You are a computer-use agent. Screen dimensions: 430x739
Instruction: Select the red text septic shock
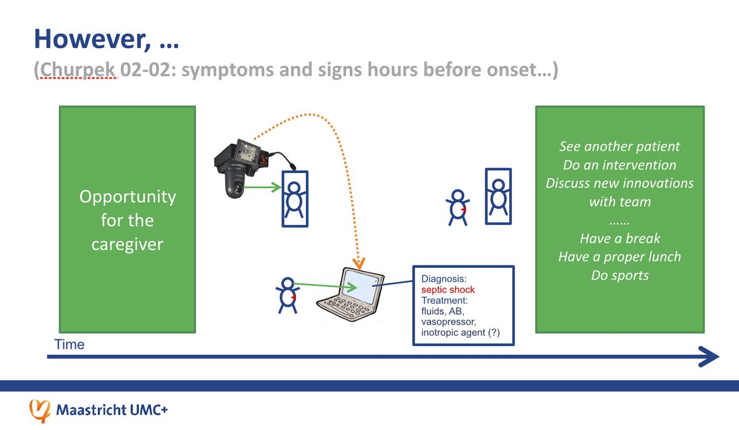(x=448, y=290)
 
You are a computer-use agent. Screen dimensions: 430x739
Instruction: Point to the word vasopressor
(x=451, y=322)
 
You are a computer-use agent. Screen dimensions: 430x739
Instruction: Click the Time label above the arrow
(x=70, y=344)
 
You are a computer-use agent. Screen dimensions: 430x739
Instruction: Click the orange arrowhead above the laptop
(x=358, y=264)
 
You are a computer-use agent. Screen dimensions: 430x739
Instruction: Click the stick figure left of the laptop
(x=286, y=295)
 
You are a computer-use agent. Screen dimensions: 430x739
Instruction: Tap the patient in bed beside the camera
(x=296, y=197)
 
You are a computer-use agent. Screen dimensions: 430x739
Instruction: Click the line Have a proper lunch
(x=620, y=256)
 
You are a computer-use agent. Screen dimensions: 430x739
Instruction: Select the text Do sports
(x=620, y=275)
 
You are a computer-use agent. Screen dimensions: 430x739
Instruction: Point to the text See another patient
(x=620, y=147)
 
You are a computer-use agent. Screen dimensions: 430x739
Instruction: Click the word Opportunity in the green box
(x=127, y=197)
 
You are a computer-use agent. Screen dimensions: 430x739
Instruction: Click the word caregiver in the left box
(x=127, y=244)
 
